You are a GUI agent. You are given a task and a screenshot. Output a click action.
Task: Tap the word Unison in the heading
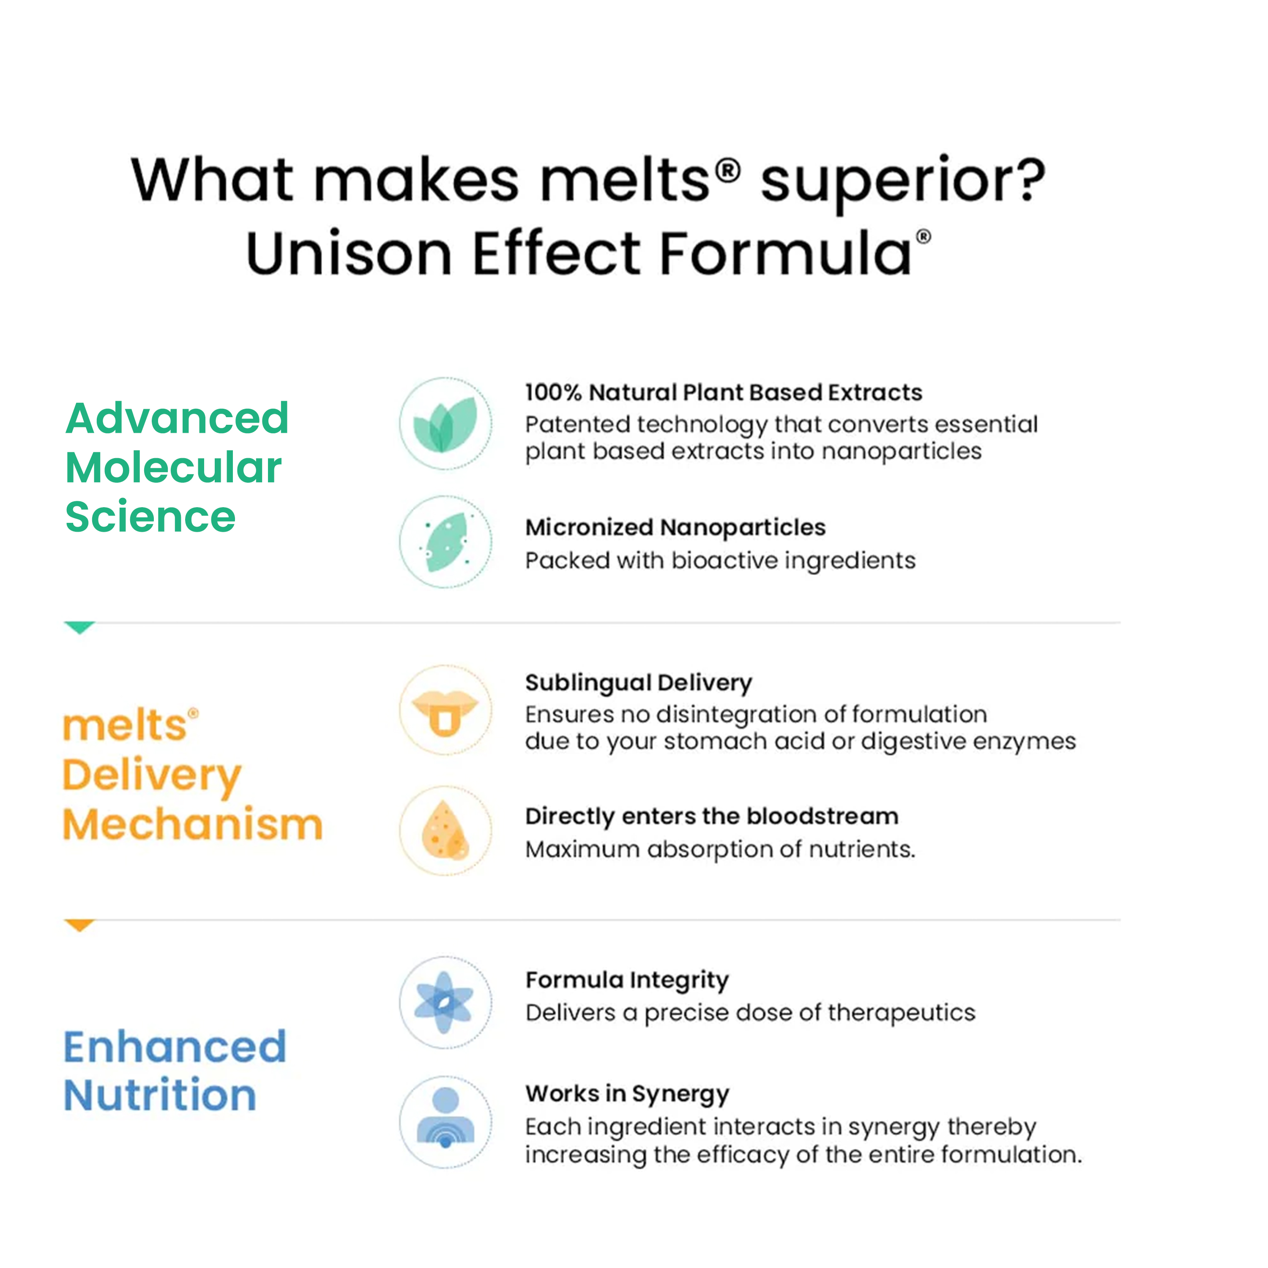(349, 253)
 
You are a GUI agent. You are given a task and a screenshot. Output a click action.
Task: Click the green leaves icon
(445, 424)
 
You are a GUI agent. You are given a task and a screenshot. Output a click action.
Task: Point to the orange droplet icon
(445, 830)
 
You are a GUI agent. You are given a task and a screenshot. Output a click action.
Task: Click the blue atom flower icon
(445, 1002)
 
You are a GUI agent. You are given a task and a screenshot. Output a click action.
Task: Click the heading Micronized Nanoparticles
(675, 527)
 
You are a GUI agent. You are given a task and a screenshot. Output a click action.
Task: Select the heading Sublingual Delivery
(639, 683)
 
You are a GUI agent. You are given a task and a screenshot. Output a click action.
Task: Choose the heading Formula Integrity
(627, 980)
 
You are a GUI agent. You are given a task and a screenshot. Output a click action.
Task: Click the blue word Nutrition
(160, 1096)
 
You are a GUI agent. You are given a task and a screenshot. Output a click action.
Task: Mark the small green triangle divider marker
(79, 627)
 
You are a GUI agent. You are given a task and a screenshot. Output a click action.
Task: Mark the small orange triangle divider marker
(79, 925)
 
